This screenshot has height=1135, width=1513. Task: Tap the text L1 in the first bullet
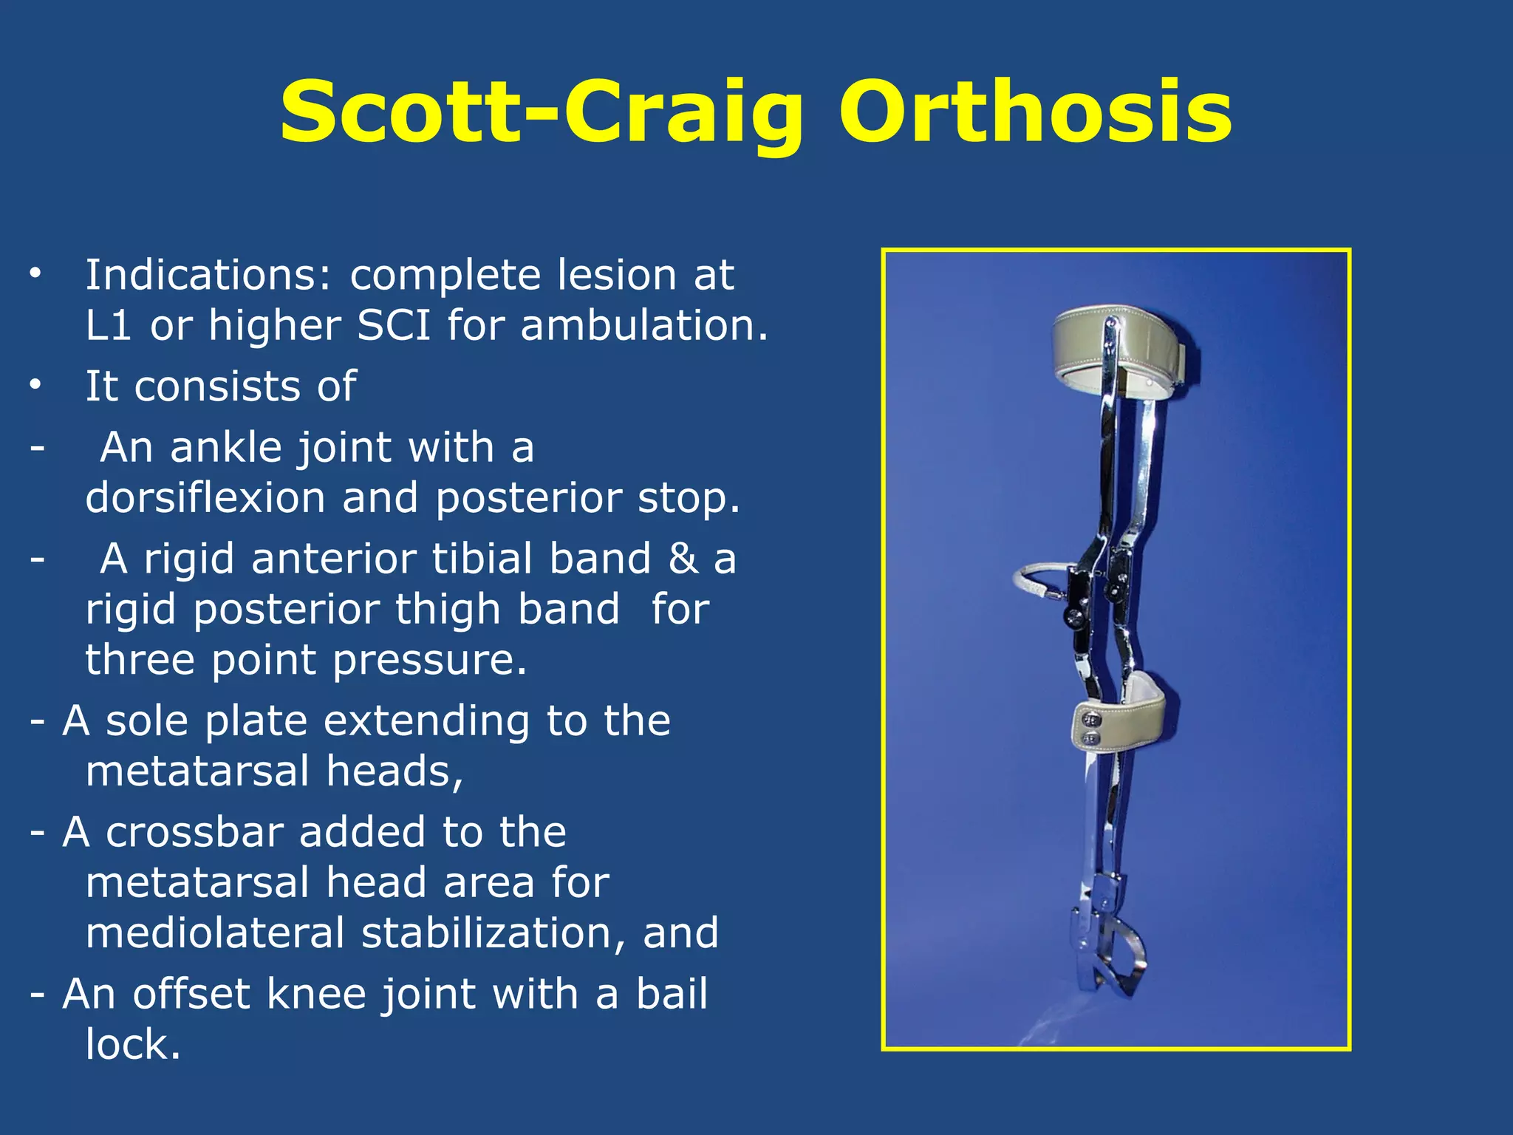click(x=109, y=326)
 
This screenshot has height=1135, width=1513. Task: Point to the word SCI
click(x=394, y=326)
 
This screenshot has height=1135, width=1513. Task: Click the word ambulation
click(x=643, y=326)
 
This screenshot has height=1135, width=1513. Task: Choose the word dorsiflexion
click(x=205, y=499)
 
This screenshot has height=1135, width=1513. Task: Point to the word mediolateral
click(x=215, y=933)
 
